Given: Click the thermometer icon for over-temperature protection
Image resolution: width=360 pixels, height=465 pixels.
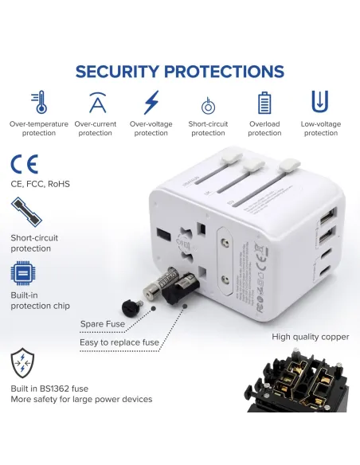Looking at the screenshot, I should click(x=38, y=102).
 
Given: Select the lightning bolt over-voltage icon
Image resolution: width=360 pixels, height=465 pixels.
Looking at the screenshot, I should click(x=151, y=103).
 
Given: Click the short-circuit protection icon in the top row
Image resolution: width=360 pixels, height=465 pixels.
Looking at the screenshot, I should click(x=208, y=104).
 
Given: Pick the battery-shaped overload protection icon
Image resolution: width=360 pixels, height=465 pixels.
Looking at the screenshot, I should click(x=264, y=103).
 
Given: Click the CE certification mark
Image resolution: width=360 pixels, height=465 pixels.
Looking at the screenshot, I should click(x=24, y=165).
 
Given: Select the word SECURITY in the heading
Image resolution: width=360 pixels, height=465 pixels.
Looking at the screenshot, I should click(x=123, y=72).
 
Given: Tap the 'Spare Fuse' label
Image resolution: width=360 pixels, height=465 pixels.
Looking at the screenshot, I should click(x=102, y=324).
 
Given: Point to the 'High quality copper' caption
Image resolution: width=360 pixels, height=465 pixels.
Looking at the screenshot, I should click(x=310, y=337).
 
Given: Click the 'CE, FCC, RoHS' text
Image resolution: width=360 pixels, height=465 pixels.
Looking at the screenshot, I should click(x=40, y=185).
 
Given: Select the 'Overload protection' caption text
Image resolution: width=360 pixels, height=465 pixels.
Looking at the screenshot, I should click(x=264, y=129).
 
